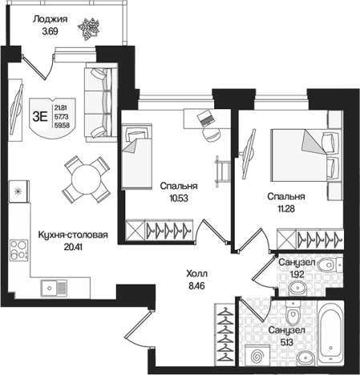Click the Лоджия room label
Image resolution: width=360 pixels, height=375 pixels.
click(50, 19)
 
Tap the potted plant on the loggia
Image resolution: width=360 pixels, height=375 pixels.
click(88, 29)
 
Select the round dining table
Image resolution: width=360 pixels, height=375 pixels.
click(87, 179)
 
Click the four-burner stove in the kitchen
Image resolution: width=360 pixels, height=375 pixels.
click(19, 250)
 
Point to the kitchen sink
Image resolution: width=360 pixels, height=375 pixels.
click(54, 288)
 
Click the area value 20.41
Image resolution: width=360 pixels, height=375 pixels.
click(73, 247)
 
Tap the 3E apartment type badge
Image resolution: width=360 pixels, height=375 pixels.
click(52, 118)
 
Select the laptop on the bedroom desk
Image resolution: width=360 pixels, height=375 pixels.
click(205, 118)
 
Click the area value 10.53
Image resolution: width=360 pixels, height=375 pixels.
click(179, 198)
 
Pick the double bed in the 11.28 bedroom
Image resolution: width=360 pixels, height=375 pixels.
click(306, 155)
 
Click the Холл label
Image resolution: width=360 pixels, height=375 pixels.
click(196, 273)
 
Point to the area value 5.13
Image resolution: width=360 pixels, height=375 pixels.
click(286, 342)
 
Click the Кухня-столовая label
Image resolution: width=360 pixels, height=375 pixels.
click(73, 235)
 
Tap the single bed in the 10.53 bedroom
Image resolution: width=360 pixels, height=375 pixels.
click(137, 156)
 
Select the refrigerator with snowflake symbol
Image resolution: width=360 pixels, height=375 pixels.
click(18, 192)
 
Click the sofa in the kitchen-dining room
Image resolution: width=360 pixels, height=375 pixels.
click(101, 103)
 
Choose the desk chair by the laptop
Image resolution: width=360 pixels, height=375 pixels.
click(212, 135)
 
